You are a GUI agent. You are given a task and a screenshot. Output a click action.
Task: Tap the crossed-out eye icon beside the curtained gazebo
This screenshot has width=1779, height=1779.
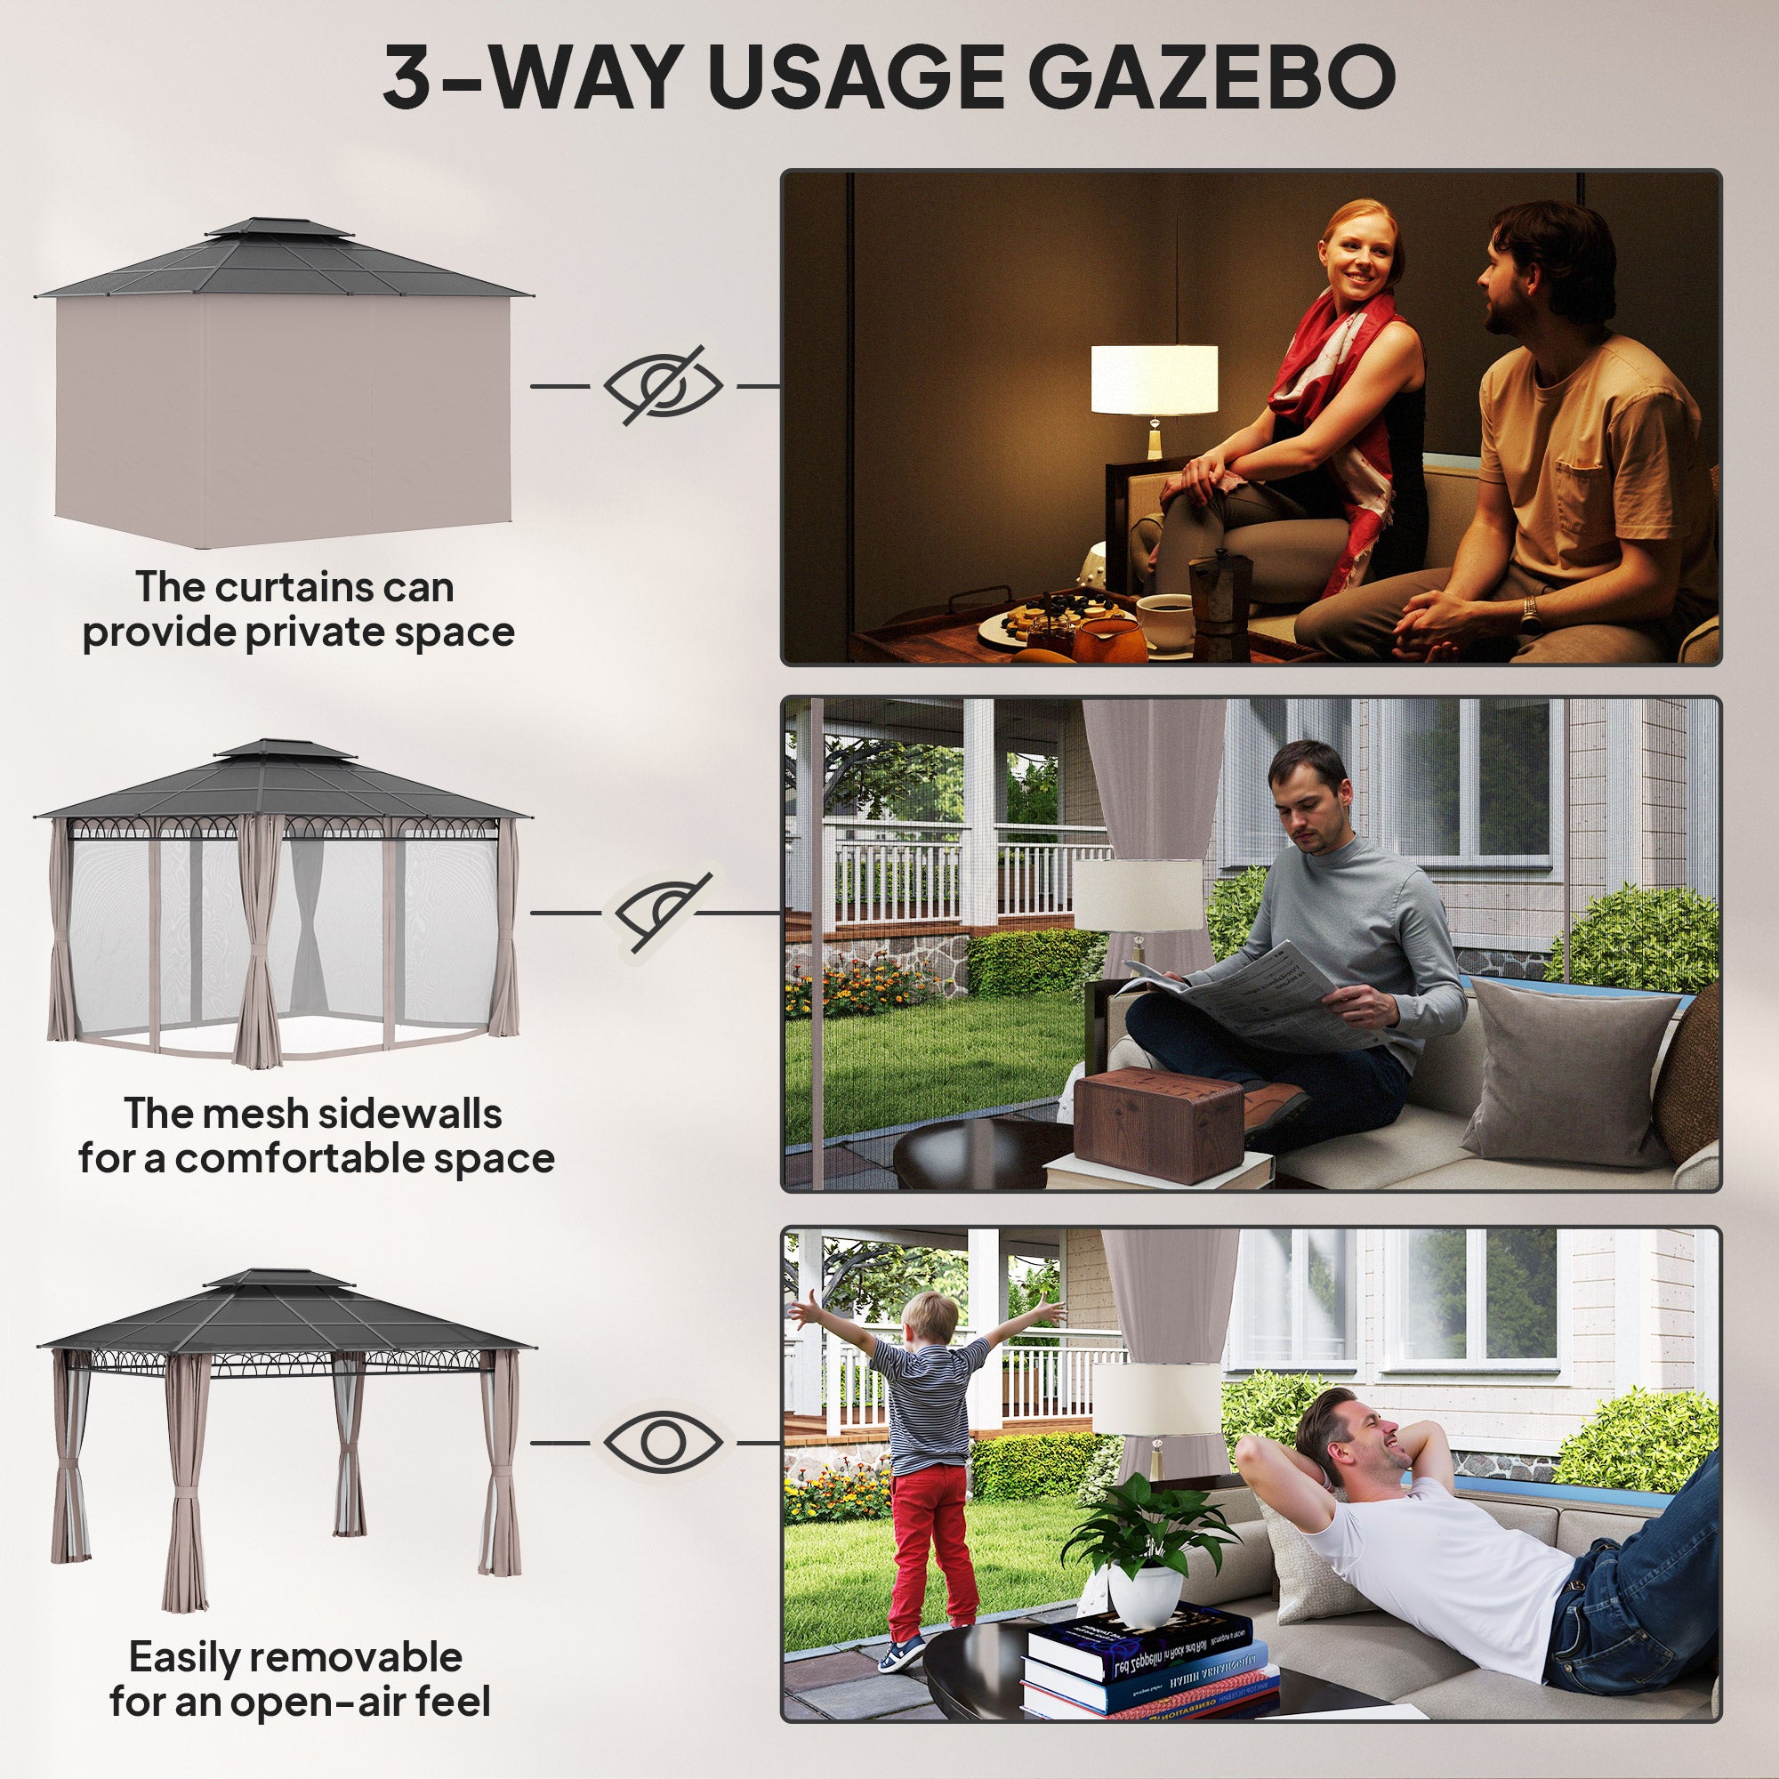click(x=663, y=386)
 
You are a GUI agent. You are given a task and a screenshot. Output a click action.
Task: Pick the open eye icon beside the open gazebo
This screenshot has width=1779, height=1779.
click(x=663, y=1442)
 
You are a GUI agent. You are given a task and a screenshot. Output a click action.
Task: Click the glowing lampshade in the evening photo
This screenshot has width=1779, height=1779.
click(x=1154, y=380)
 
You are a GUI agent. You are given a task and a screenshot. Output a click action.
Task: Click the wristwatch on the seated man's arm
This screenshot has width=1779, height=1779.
click(x=1527, y=608)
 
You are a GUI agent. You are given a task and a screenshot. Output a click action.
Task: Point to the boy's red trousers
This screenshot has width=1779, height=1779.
click(x=930, y=1547)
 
